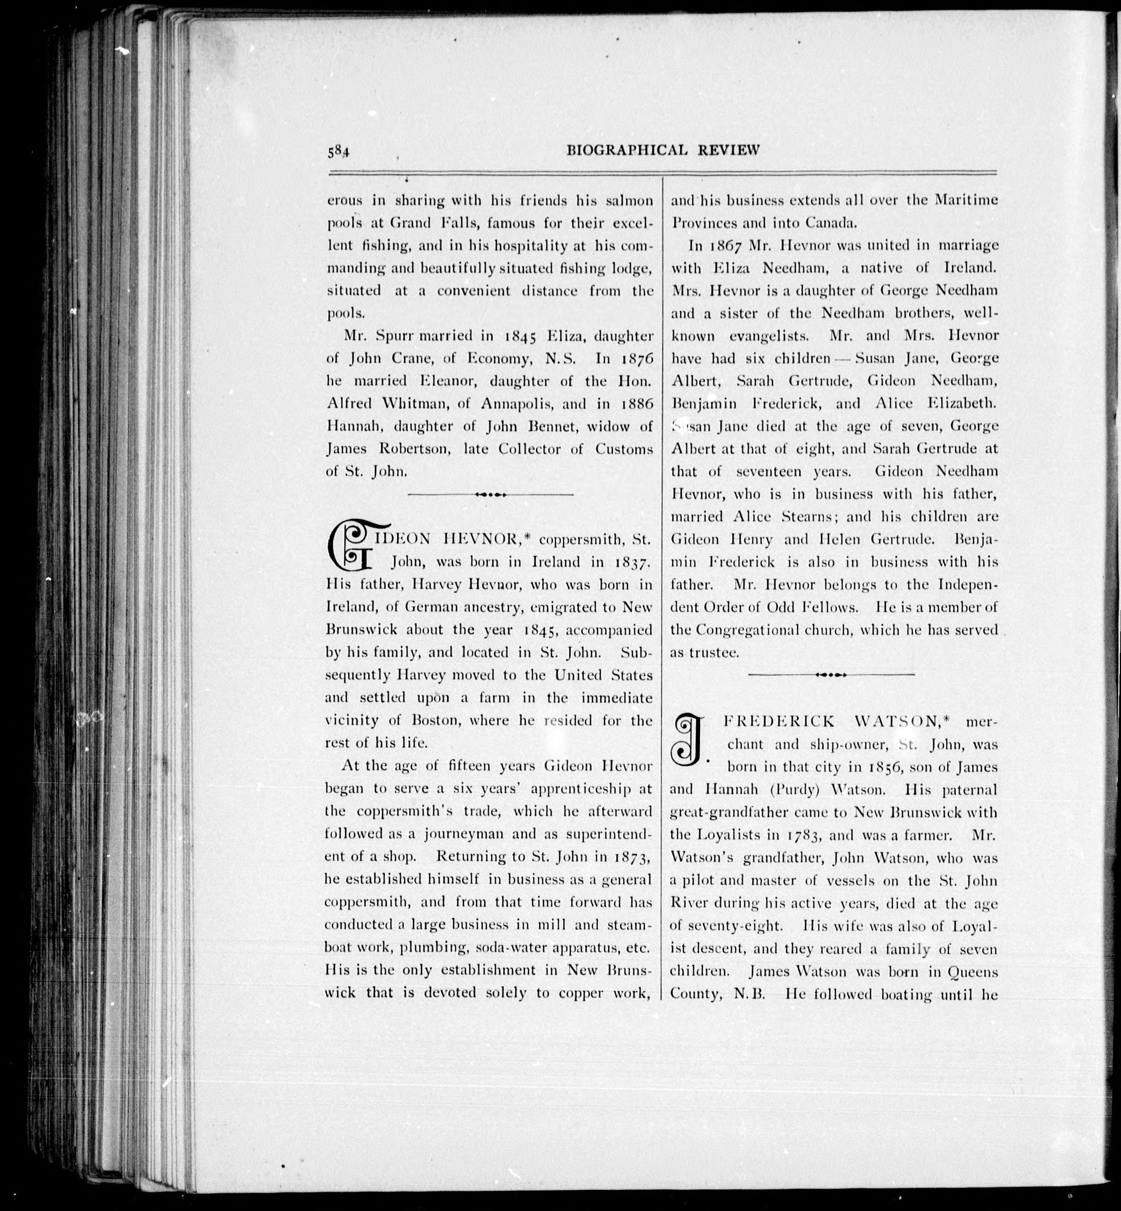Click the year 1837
(631, 562)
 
